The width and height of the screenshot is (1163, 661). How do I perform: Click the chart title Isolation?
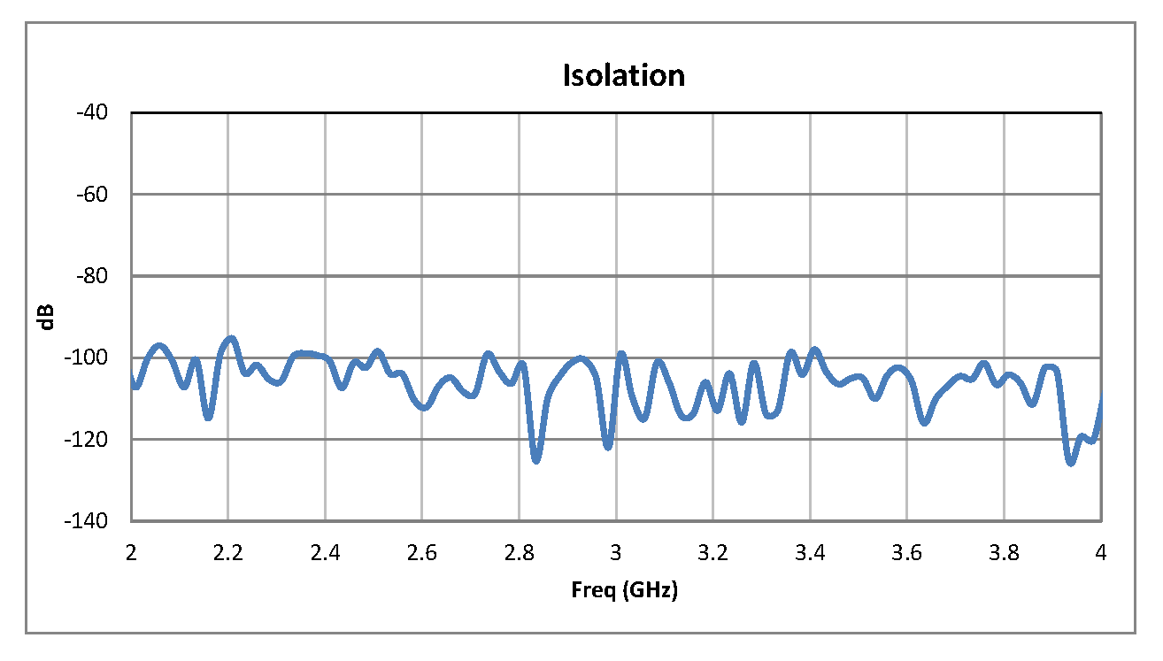coord(624,76)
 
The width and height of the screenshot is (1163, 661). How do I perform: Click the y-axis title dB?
coord(47,317)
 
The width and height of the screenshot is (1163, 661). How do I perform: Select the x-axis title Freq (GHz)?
coord(624,591)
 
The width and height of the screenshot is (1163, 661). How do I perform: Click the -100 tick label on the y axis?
coord(88,357)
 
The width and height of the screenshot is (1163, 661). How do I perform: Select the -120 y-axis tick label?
coord(88,439)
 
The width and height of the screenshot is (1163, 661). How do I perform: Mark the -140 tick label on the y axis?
coord(88,521)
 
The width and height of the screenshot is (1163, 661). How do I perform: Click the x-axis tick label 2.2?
coord(228,553)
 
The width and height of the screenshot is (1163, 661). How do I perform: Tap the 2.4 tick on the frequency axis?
coord(326,553)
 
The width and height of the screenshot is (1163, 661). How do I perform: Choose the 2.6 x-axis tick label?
coord(422,553)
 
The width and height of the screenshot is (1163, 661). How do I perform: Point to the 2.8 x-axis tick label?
coord(520,553)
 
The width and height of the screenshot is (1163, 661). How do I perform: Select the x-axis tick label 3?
coord(617,553)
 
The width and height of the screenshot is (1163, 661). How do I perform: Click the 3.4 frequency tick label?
coord(811,553)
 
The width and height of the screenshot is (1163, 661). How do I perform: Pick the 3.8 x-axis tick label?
coord(1005,553)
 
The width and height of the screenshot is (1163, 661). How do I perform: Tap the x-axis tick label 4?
coord(1102,553)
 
